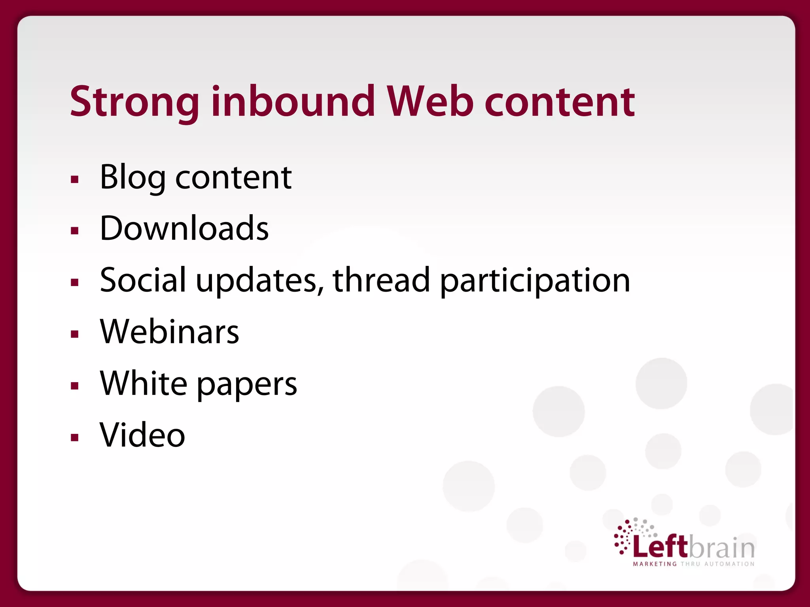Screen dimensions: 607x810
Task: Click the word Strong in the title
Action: coord(134,102)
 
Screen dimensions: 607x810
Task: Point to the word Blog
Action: coord(132,177)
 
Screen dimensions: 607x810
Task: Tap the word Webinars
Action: coord(170,332)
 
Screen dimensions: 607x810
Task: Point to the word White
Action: coord(144,383)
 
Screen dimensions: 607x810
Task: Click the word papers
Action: coord(247,385)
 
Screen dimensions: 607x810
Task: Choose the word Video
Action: coord(142,435)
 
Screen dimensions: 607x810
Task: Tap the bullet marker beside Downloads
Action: coord(75,231)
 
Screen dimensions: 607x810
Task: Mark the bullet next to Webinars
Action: coord(75,334)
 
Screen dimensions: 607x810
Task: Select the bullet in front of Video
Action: coord(75,437)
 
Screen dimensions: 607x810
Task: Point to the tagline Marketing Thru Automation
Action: coord(694,564)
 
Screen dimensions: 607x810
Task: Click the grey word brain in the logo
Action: coord(722,548)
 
